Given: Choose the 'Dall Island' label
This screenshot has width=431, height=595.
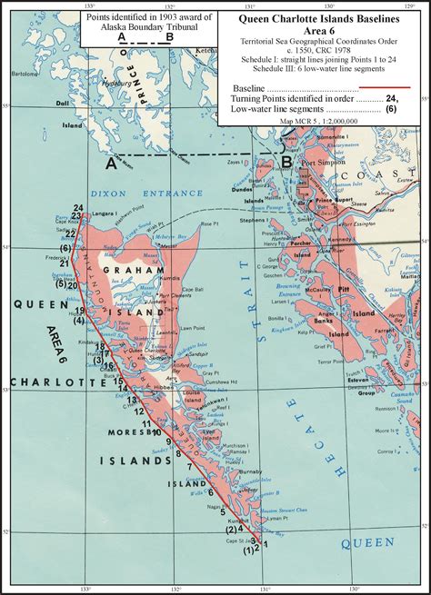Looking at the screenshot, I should [63, 133].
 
